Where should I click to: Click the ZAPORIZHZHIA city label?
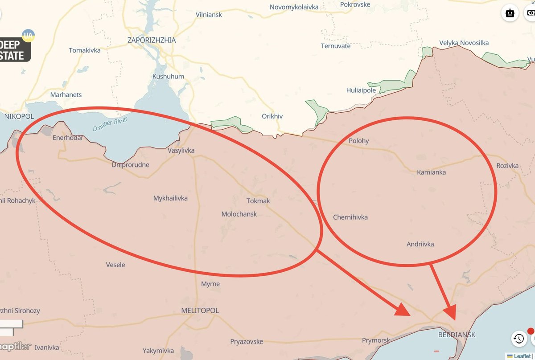152,40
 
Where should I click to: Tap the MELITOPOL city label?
200,311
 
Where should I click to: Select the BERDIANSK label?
457,335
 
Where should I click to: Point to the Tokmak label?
258,201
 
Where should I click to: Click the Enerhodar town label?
67,138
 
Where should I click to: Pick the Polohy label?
358,141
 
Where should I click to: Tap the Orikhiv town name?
272,117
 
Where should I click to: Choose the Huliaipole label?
361,90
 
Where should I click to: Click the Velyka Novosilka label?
464,43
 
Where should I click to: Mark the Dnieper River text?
110,124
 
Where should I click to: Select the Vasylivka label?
181,151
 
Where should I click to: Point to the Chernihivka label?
350,217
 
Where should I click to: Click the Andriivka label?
420,244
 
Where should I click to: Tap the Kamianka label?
431,172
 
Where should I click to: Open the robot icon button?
510,13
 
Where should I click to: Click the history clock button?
519,339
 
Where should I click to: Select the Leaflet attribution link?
522,356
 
